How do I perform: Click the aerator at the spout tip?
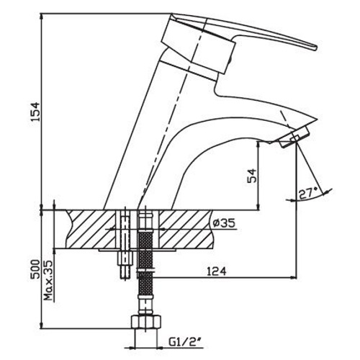[295, 138]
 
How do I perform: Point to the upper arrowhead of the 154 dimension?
[42, 16]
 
